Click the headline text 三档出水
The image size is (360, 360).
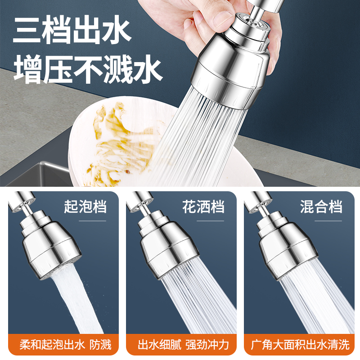click(x=72, y=30)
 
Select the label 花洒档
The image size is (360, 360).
click(x=203, y=207)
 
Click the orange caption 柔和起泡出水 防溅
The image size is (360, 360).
click(x=65, y=345)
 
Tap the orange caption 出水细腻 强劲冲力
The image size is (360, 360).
click(x=183, y=345)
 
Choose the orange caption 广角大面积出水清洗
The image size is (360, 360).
click(x=301, y=345)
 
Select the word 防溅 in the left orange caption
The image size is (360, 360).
click(x=99, y=345)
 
